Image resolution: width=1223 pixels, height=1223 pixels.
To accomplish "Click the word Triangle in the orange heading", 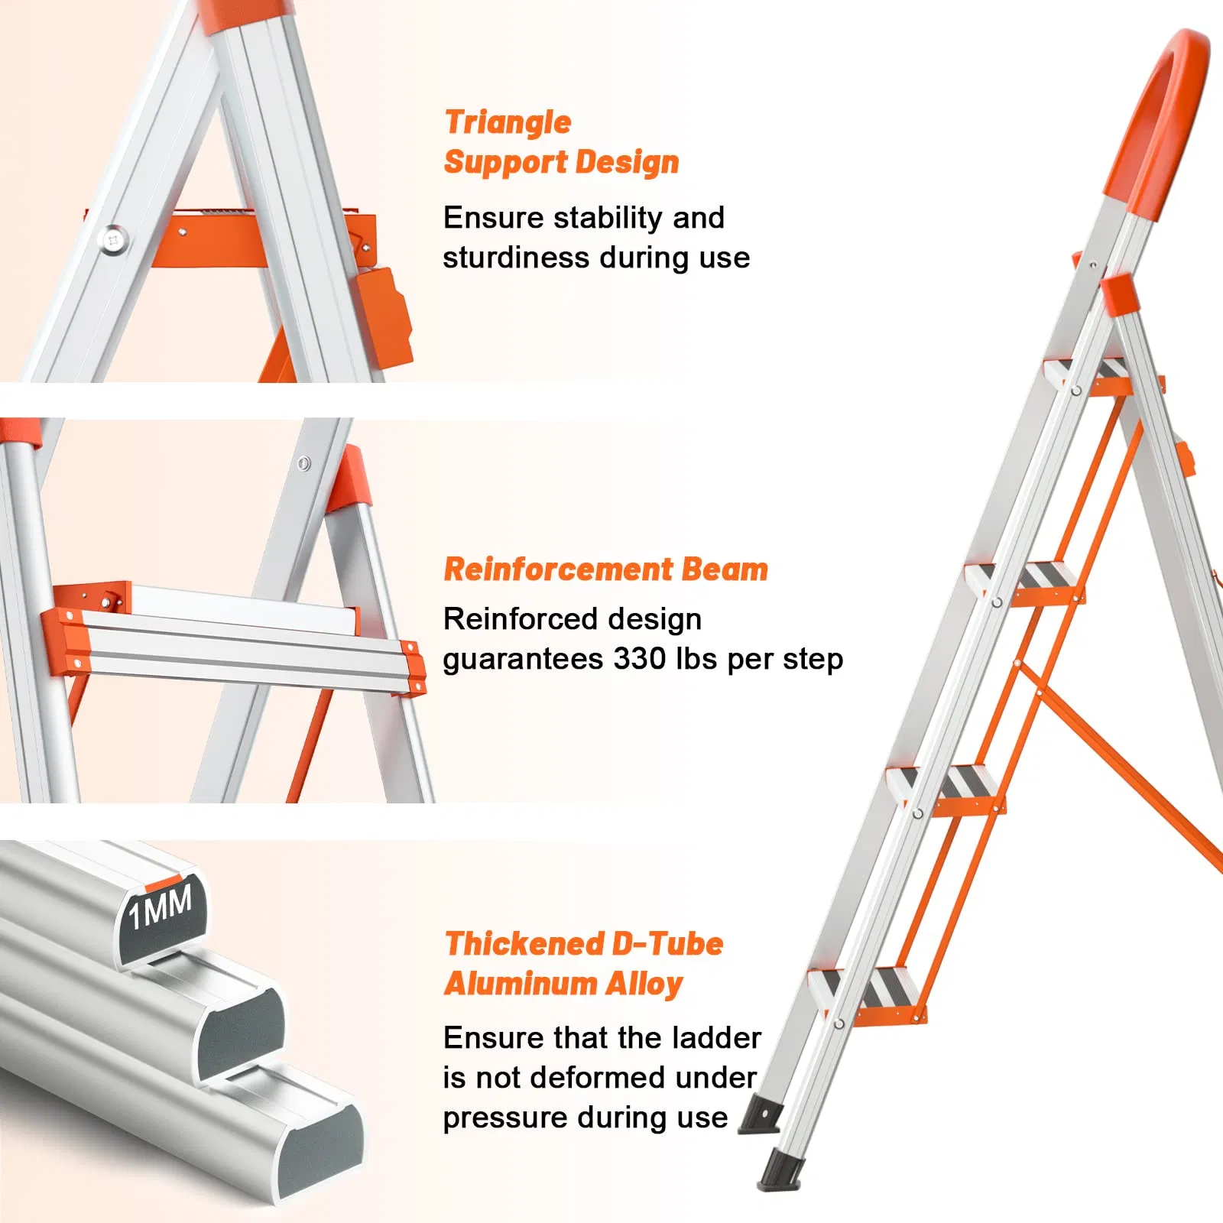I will (x=508, y=122).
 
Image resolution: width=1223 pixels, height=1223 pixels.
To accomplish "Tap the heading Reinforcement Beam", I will (x=605, y=570).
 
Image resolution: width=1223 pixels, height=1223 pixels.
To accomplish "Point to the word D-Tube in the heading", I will (x=667, y=944).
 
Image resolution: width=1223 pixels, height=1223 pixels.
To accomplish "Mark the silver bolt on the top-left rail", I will (x=113, y=240).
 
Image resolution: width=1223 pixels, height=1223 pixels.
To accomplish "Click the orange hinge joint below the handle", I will (x=1120, y=294).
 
